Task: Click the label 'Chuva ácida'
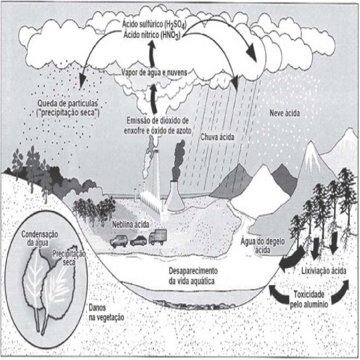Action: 217,137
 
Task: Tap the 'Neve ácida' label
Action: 285,113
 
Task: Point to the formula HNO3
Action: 170,36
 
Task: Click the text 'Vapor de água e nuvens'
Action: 154,72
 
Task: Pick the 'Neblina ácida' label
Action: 131,224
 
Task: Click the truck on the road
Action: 157,237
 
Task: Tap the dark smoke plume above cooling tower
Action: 179,160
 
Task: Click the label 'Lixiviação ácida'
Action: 323,271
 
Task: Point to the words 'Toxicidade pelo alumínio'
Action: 309,300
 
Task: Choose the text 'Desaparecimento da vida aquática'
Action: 193,276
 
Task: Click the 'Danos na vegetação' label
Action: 106,312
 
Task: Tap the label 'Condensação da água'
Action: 39,238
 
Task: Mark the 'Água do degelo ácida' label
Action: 262,245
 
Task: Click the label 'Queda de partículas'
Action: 67,103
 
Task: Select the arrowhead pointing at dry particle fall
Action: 82,81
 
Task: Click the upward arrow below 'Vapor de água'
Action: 153,99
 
